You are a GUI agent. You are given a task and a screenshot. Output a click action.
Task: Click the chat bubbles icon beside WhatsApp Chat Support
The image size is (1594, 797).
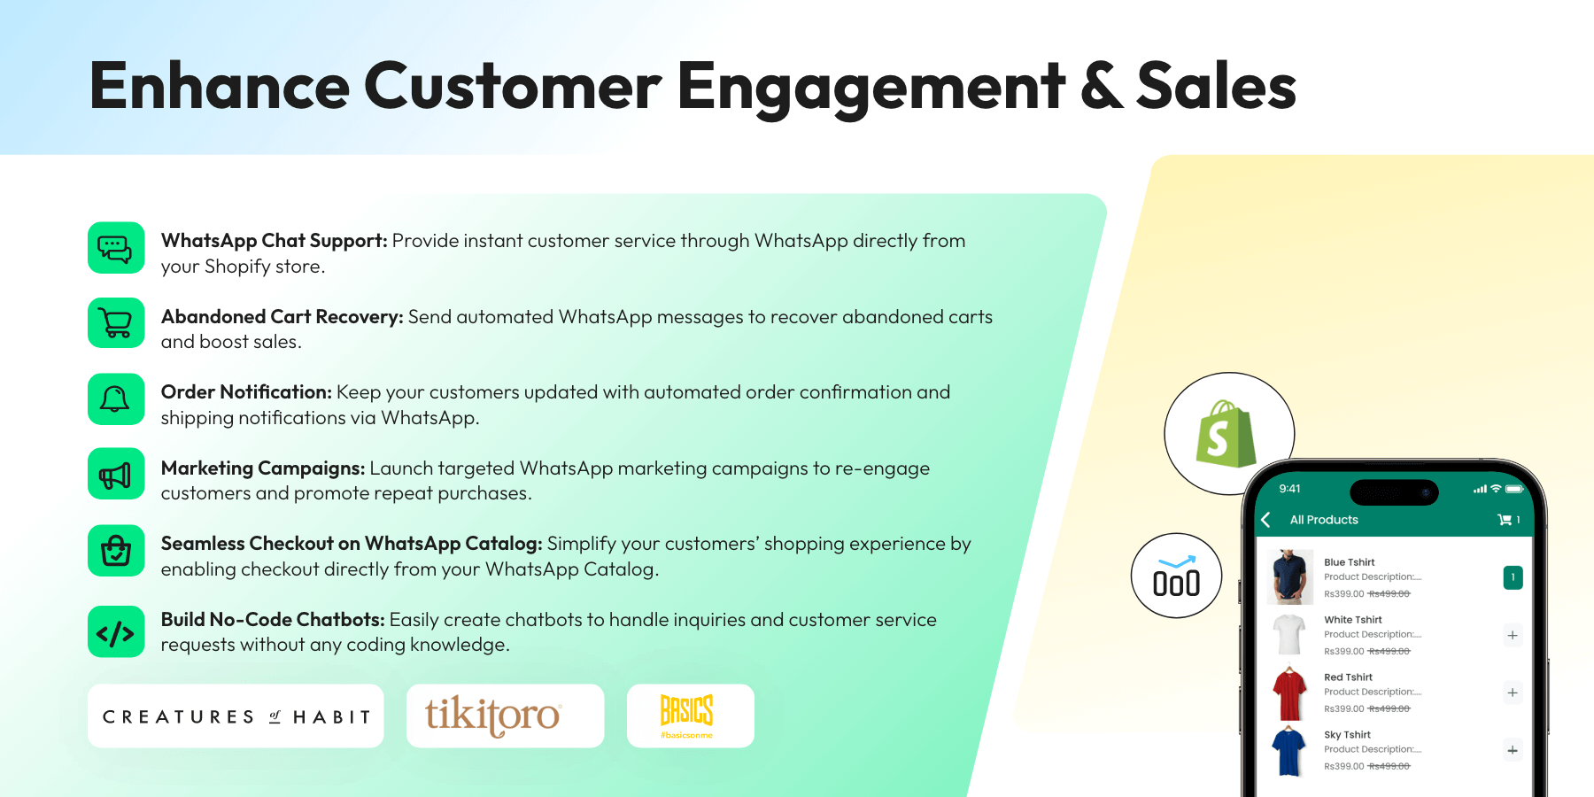[x=115, y=248]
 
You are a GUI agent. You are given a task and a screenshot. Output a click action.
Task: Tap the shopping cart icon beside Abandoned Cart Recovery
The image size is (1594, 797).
[x=115, y=323]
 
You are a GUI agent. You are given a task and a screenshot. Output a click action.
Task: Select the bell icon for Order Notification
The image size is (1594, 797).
[x=115, y=399]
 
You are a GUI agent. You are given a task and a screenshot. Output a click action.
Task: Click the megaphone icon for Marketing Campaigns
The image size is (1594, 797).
[x=115, y=475]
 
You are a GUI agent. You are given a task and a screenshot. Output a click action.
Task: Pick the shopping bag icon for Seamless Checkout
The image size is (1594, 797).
[x=115, y=551]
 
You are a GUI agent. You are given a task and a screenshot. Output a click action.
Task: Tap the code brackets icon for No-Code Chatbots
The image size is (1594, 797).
[x=115, y=632]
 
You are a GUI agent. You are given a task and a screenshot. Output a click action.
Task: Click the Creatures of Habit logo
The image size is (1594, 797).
[x=236, y=716]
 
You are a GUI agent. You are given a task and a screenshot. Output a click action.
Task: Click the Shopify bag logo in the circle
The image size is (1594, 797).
[x=1226, y=434]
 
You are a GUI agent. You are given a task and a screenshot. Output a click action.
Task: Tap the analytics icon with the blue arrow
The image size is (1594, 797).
[x=1176, y=576]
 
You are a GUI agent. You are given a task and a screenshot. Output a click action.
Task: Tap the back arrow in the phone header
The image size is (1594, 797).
[x=1266, y=520]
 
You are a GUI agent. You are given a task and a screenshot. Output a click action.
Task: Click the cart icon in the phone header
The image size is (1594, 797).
[x=1504, y=520]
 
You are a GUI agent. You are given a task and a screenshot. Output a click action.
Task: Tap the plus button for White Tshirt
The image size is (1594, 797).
[x=1513, y=635]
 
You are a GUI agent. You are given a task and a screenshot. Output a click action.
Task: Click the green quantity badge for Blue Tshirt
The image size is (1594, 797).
[x=1513, y=577]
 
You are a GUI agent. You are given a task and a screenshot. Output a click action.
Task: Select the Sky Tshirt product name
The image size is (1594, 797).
[x=1347, y=735]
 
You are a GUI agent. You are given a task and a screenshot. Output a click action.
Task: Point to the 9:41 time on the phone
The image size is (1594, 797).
[x=1289, y=489]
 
